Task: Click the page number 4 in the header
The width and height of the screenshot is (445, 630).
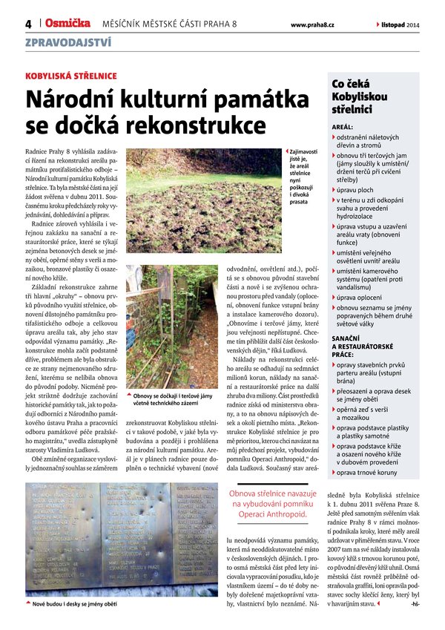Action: pyautogui.click(x=27, y=24)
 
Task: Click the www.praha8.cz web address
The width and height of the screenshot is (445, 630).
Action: pyautogui.click(x=312, y=24)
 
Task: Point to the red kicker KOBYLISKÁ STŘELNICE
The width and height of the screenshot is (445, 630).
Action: pyautogui.click(x=71, y=76)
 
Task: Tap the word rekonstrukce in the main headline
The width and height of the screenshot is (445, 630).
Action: pyautogui.click(x=197, y=122)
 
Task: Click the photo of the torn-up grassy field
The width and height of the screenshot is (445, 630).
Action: pyautogui.click(x=202, y=200)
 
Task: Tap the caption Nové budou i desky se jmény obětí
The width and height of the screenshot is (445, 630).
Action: pyautogui.click(x=75, y=605)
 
